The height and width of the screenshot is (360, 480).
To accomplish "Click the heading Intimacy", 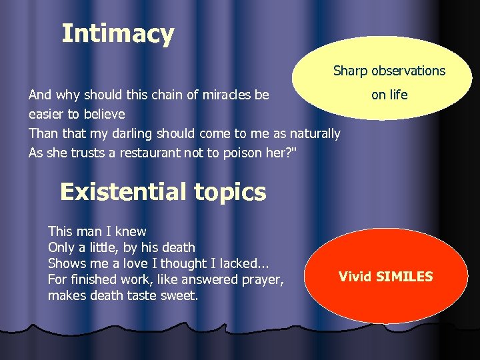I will coord(117,33).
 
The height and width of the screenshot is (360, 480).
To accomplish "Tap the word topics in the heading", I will coord(230,193).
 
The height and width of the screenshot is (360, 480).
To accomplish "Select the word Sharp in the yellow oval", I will coord(350,71).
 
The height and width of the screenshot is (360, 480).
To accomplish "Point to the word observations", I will coord(407,71).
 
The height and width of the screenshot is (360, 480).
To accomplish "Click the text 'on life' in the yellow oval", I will coord(389,95).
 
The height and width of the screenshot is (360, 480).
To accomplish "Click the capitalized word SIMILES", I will coord(405,276).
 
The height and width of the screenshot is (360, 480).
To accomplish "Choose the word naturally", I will coord(313,133).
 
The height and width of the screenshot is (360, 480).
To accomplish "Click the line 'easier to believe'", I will coord(77,114).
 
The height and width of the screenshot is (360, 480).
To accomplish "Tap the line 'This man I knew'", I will coord(97,231).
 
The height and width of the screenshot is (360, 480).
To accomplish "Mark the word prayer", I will coord(262,279).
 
